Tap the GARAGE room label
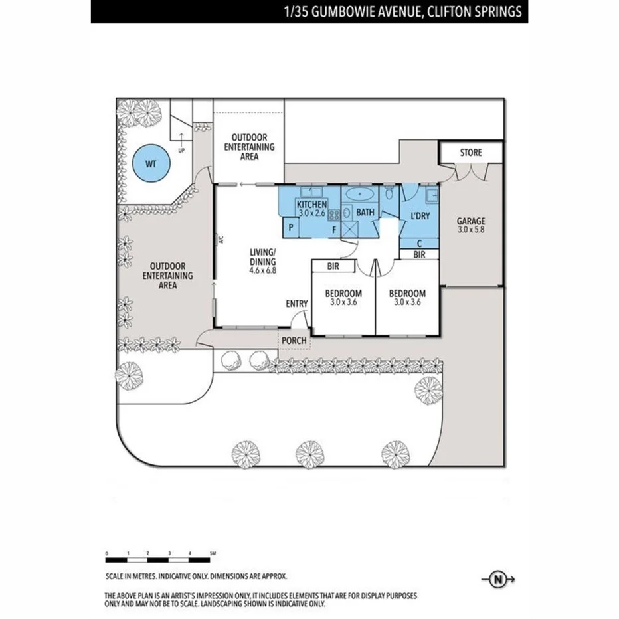point(471,221)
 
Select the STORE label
point(471,153)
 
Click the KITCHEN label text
point(311,205)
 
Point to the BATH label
point(365,213)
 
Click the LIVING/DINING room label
point(262,256)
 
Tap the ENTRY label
point(297,304)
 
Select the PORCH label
point(294,341)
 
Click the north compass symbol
point(498,580)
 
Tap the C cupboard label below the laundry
point(419,243)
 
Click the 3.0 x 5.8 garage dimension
point(471,230)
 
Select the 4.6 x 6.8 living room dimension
point(262,270)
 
